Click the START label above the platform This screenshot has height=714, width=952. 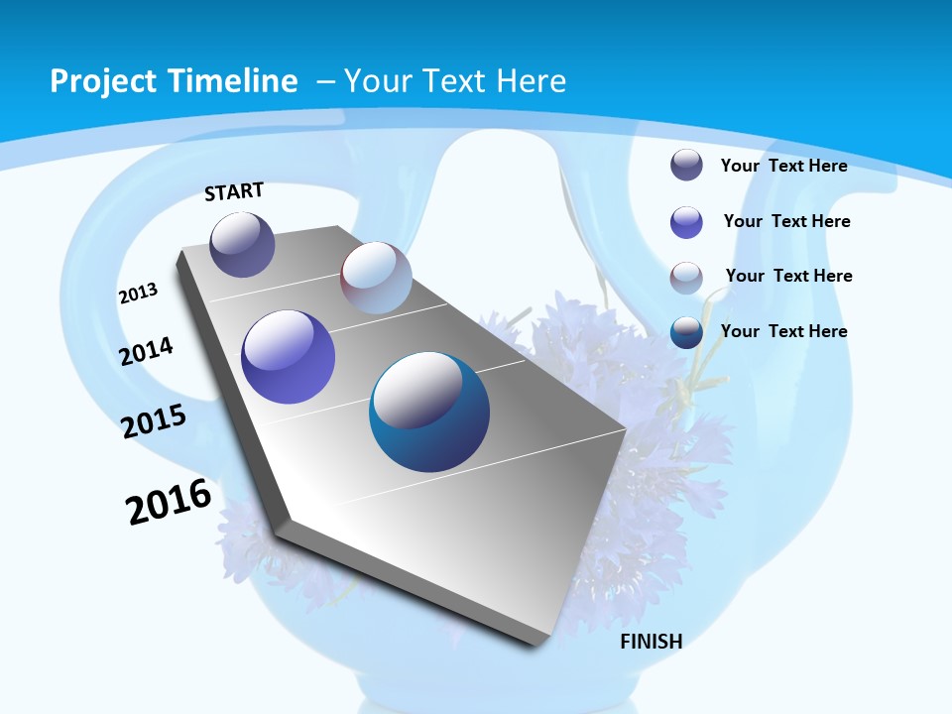(234, 191)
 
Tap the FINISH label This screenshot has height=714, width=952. (651, 642)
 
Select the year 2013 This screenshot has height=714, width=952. (138, 294)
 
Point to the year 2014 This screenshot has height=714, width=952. (147, 351)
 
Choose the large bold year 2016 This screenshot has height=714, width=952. (169, 502)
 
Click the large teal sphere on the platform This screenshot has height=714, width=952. (429, 412)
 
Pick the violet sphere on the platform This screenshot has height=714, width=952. (289, 357)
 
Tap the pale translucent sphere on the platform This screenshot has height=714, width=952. (376, 278)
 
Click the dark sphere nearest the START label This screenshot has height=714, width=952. (242, 244)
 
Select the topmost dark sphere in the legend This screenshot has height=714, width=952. (686, 165)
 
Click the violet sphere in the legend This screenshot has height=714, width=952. (686, 222)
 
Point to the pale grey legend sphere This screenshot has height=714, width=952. (686, 277)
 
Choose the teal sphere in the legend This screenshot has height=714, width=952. (686, 332)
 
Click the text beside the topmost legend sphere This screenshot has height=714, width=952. (783, 166)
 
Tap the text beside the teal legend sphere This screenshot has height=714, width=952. (783, 331)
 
